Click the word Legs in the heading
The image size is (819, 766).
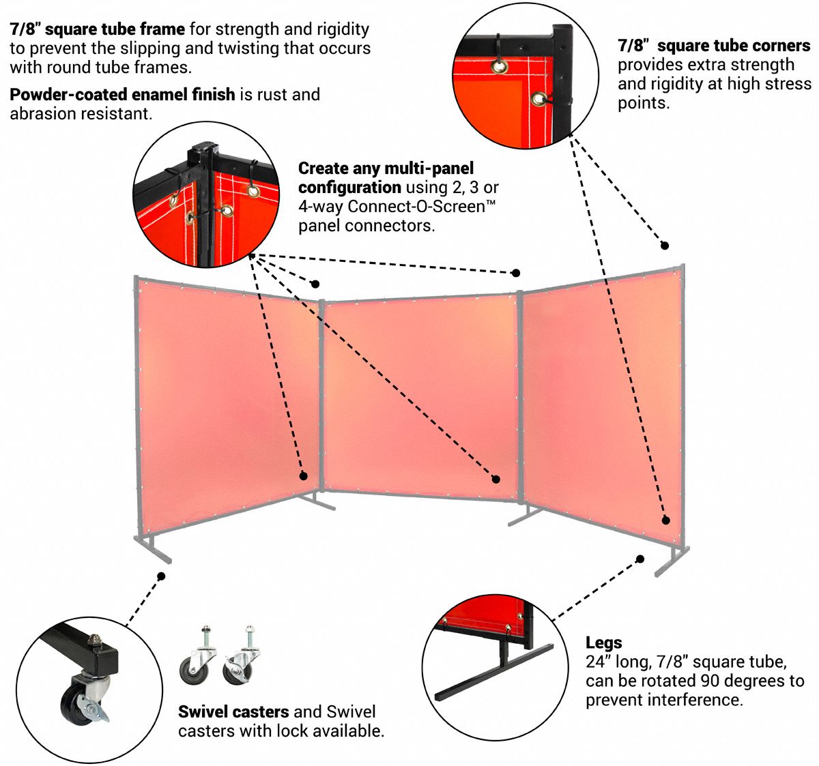603,643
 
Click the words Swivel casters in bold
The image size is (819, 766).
233,712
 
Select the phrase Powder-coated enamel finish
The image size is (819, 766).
122,94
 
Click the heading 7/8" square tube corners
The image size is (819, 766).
714,46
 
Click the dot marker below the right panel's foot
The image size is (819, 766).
640,559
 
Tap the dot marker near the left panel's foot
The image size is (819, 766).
161,576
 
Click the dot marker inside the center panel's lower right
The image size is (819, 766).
496,479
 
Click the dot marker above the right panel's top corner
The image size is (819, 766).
664,246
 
